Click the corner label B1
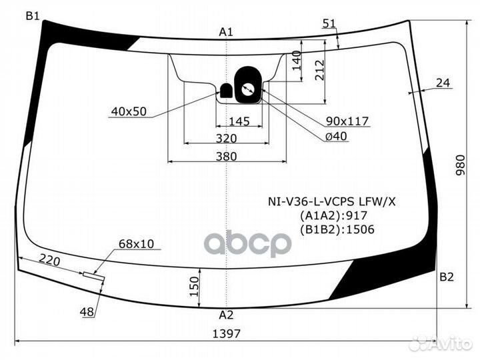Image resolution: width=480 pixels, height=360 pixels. point(33,15)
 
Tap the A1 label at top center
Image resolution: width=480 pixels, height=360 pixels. point(226,32)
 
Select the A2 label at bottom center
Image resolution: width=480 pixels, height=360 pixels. point(226,315)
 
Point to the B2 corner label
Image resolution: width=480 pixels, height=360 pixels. point(446,277)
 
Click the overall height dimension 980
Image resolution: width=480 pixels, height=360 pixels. point(460,165)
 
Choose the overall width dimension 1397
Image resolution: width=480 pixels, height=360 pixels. point(227,334)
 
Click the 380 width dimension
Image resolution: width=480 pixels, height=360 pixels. point(226,157)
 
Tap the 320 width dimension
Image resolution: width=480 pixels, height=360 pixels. point(226,139)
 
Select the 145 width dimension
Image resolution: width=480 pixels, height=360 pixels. point(239,121)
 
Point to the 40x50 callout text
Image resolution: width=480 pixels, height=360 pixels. point(129,111)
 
